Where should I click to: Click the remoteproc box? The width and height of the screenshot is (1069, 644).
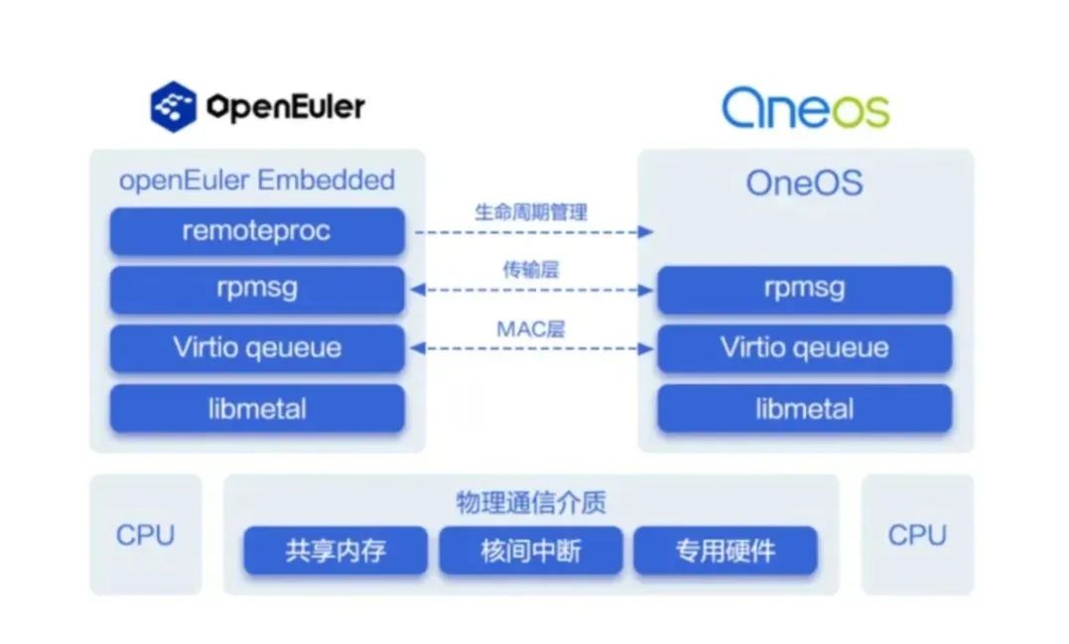257,231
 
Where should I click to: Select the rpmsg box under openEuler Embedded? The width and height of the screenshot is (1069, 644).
257,290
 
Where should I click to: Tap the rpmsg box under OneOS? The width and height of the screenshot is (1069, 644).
804,290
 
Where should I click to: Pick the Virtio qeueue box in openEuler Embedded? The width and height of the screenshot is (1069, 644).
257,348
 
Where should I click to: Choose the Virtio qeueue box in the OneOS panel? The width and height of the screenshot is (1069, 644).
804,348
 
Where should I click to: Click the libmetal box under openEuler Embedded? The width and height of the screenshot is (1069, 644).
257,408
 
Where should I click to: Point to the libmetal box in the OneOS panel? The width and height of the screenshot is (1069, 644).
804,408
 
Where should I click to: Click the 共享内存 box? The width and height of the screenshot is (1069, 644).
335,551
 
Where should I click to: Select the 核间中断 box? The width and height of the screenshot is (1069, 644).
530,551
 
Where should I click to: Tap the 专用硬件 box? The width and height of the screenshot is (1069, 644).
725,551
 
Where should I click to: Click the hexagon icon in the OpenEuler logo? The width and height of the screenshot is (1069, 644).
174,106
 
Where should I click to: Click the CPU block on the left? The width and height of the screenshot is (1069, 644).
145,535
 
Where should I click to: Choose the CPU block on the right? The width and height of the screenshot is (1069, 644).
917,535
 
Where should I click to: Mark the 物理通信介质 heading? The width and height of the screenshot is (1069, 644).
530,502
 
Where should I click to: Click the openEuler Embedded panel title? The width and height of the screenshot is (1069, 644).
257,181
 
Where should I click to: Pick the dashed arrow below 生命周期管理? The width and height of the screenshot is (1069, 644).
531,231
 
